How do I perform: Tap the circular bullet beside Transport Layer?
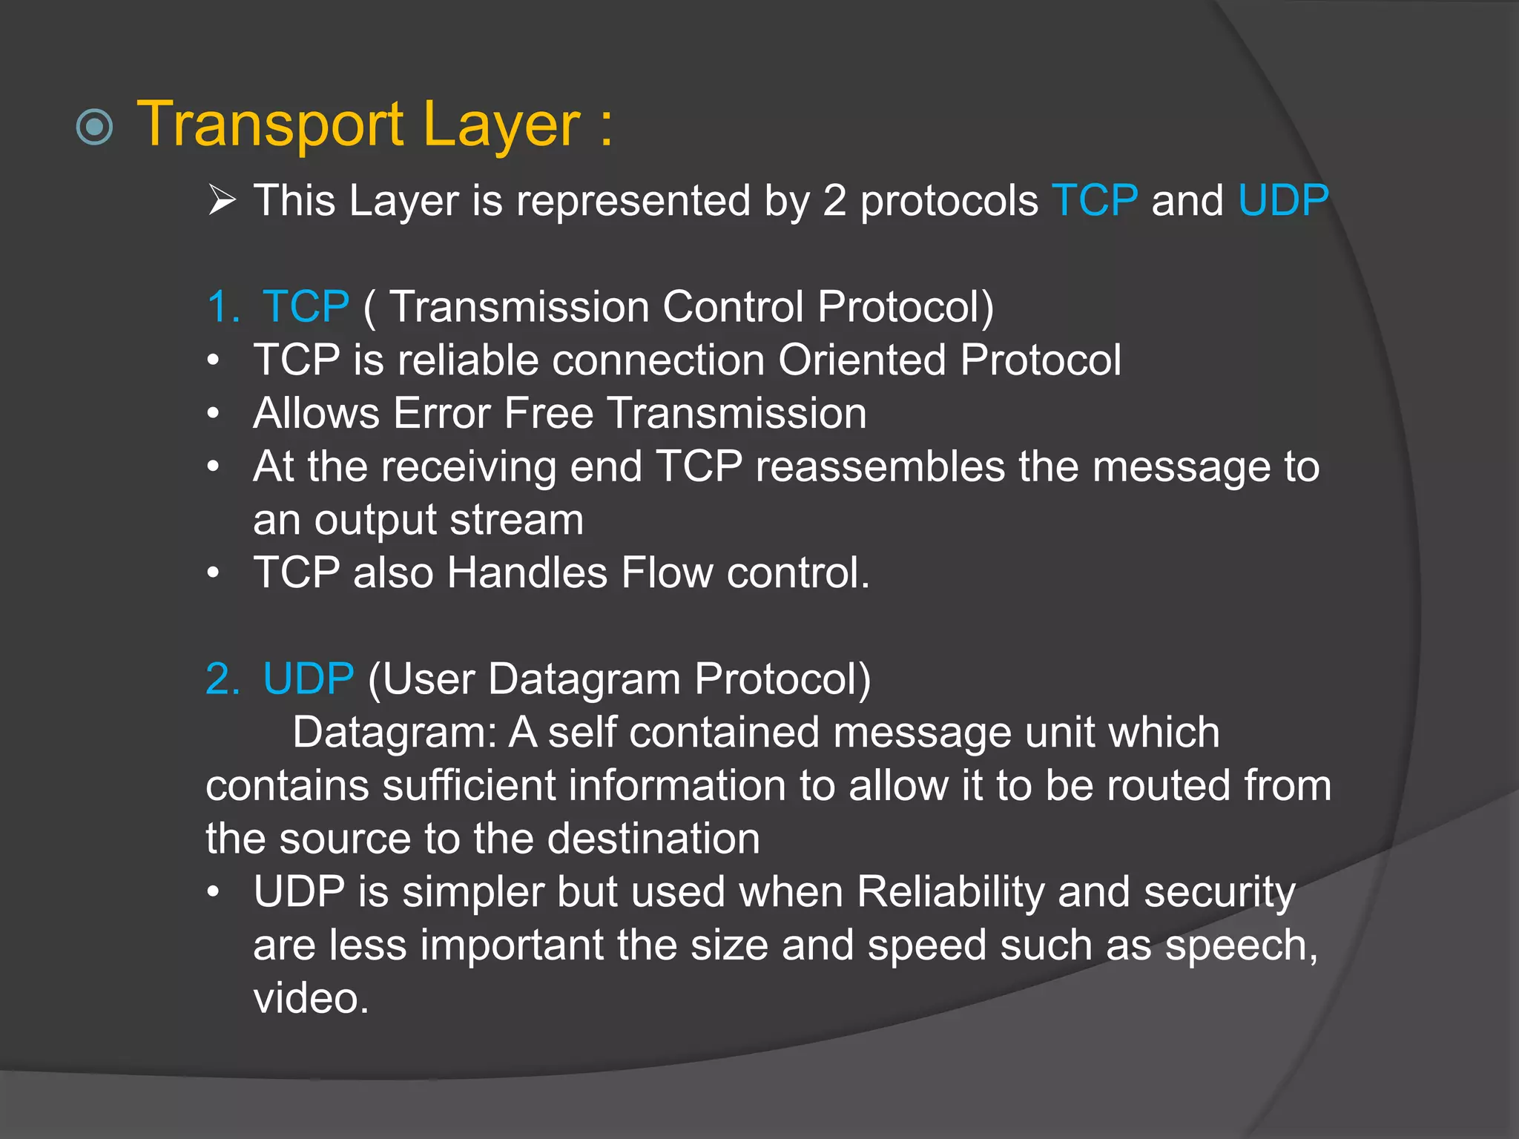coord(95,128)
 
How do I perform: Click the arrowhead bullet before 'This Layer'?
coord(222,200)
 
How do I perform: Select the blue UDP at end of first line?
coord(1283,200)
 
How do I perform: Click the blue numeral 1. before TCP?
coord(223,306)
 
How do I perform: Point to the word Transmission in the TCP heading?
coord(519,306)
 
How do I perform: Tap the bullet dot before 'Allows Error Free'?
coord(214,414)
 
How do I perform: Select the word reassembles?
coord(880,466)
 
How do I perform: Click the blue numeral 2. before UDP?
coord(223,679)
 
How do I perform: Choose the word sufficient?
coord(469,785)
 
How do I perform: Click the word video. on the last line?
coord(311,998)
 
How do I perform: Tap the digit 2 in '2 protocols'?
coord(834,200)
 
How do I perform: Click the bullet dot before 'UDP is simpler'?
coord(214,892)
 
